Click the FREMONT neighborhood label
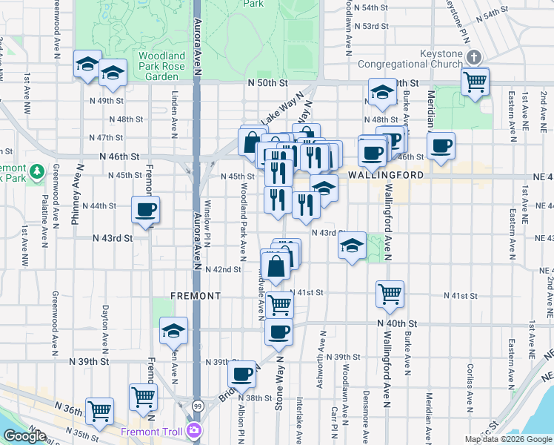pos(196,295)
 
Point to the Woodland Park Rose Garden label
pos(161,66)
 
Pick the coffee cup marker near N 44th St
pos(145,210)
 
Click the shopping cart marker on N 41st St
pos(390,294)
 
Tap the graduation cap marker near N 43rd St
pos(353,245)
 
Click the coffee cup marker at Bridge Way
pos(243,375)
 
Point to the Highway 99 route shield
pos(196,406)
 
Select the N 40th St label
pos(398,324)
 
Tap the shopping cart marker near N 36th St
pos(99,409)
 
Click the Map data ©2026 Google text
pos(508,439)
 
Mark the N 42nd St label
pos(223,269)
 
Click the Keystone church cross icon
pos(475,57)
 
